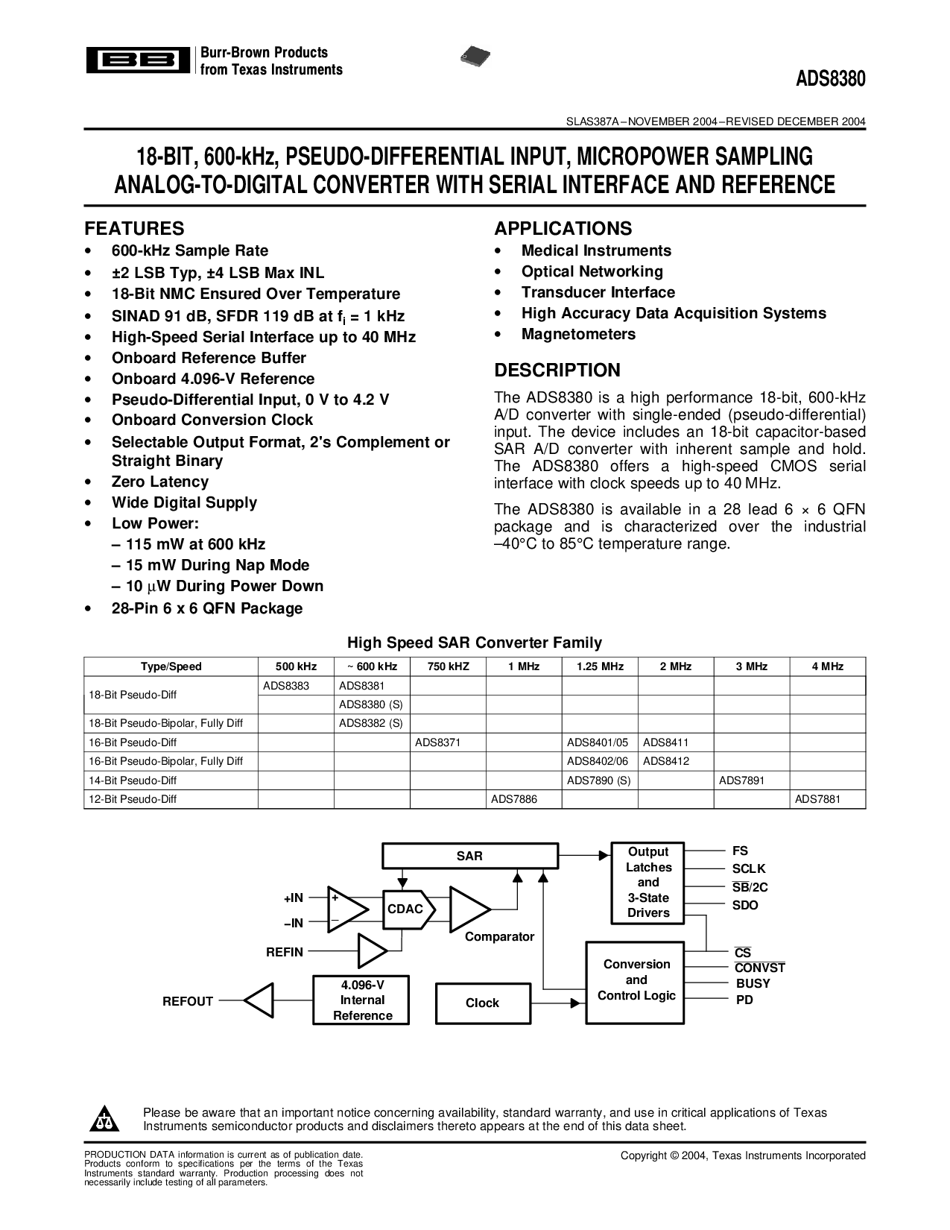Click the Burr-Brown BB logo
pos(136,61)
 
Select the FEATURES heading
pos(134,229)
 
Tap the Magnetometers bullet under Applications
pos(578,335)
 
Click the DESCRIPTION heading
pos(557,370)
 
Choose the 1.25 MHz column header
pos(600,666)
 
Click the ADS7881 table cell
pos(817,799)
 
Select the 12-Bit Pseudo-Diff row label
pos(133,799)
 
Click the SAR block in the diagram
pos(469,857)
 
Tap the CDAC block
pos(405,909)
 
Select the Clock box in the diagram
pos(482,1003)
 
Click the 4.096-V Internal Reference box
pos(362,1000)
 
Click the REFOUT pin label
pos(188,1002)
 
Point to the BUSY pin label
pos(753,984)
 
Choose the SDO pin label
pos(745,906)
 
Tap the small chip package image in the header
pos(477,56)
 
